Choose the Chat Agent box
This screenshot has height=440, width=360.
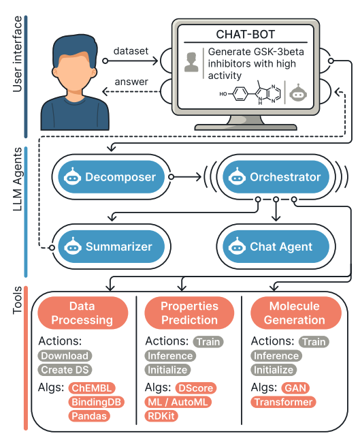point(272,246)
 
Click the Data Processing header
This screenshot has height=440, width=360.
point(82,313)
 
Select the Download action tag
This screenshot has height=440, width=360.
point(65,356)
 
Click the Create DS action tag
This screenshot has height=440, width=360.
point(65,370)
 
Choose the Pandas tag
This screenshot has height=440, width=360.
point(88,416)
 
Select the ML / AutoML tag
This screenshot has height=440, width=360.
point(178,402)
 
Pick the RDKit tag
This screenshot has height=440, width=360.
point(161,416)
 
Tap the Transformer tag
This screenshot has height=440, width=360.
point(282,402)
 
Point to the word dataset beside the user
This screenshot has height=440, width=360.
point(131,52)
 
